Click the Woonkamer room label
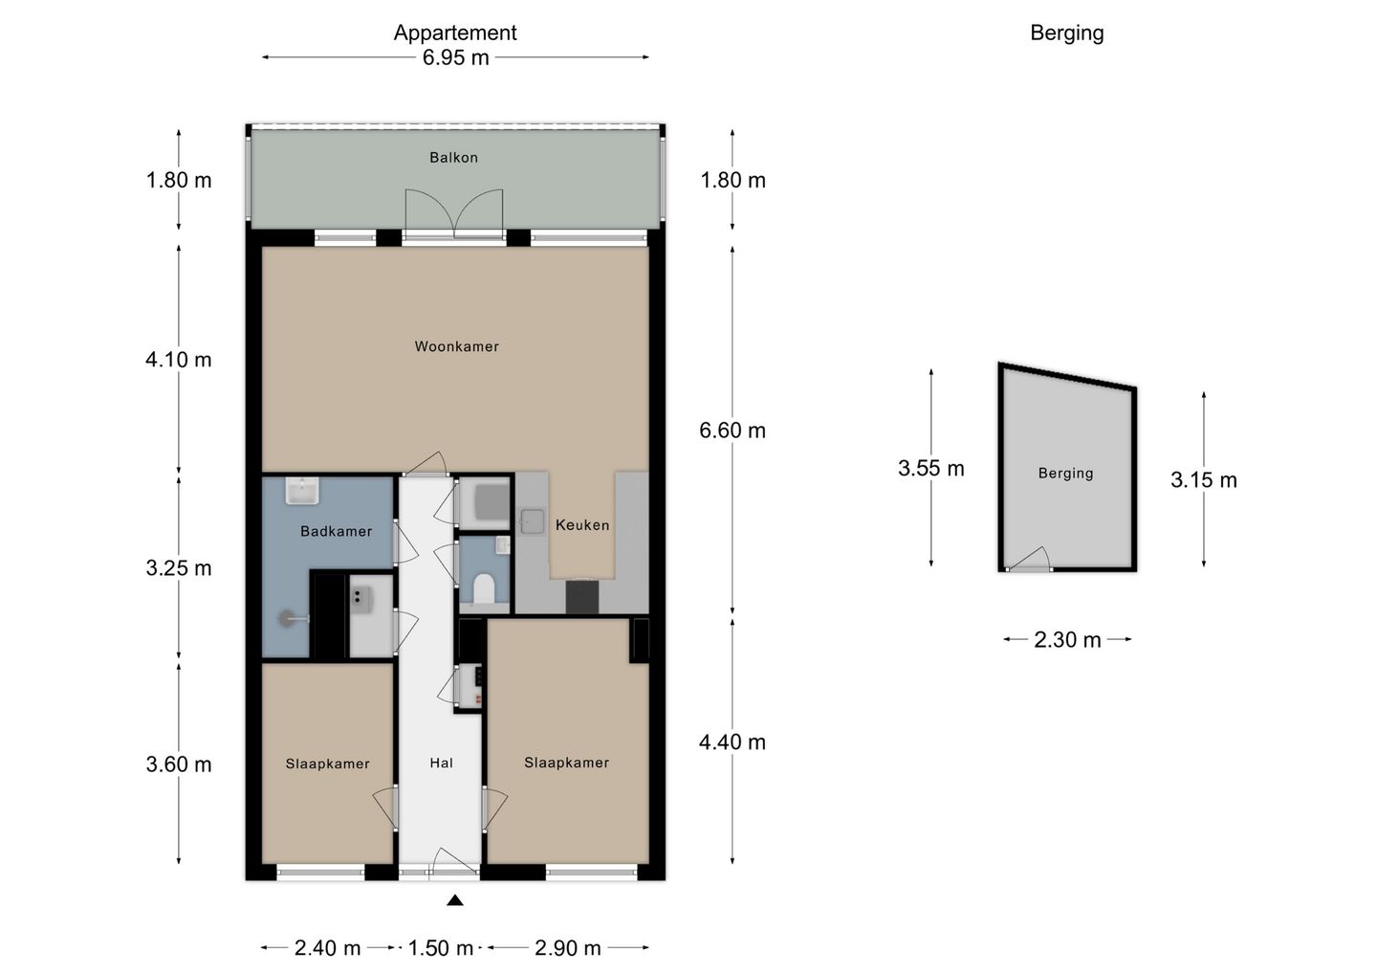point(457,346)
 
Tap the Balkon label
point(453,158)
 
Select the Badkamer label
point(337,531)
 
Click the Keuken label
point(582,525)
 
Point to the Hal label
point(442,764)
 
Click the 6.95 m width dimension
point(455,57)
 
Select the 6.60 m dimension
point(732,431)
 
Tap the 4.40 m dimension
point(732,742)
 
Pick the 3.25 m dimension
point(179,568)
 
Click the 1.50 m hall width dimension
point(441,948)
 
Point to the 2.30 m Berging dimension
point(1067,640)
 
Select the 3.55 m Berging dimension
point(931,469)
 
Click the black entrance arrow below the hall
point(455,901)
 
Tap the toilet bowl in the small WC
point(485,588)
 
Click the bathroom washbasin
point(302,490)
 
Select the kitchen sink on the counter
point(533,520)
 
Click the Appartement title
point(455,33)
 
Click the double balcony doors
point(454,213)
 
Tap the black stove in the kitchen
point(581,596)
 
